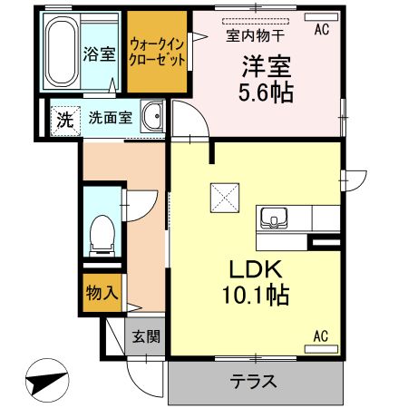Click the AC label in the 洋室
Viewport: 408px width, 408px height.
(321, 29)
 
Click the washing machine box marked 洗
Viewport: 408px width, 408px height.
(63, 118)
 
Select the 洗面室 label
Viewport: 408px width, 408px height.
(111, 118)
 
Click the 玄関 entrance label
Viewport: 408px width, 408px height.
(146, 337)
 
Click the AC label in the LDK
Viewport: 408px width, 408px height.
(321, 336)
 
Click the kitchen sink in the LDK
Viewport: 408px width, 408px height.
(274, 218)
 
